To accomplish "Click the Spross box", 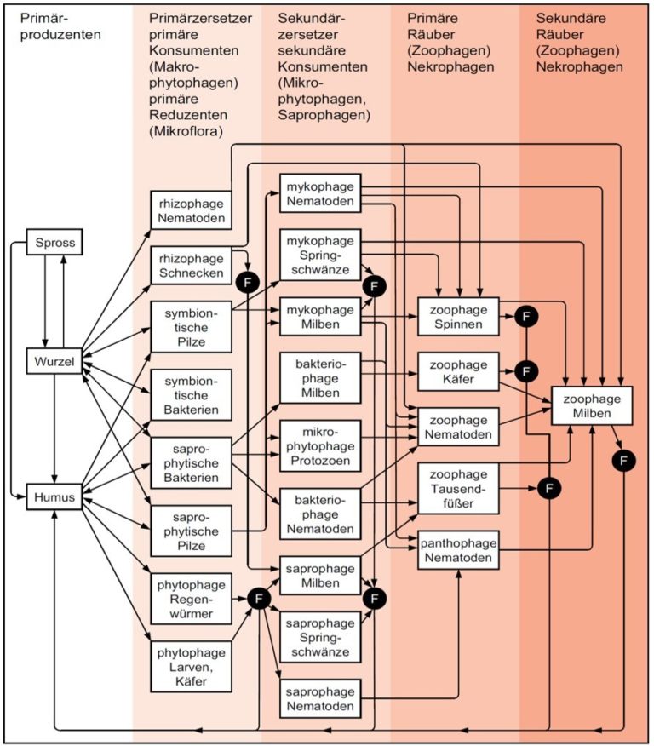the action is click(x=54, y=242).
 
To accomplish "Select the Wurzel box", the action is click(x=54, y=361).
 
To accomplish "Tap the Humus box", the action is click(x=54, y=497).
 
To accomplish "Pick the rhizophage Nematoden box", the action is click(x=192, y=210).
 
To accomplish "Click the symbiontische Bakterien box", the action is click(x=192, y=395).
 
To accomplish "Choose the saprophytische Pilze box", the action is click(x=192, y=531).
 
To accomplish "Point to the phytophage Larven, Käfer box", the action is click(x=192, y=667).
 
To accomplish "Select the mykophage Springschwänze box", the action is click(x=320, y=255).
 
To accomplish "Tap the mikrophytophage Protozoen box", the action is click(x=320, y=446).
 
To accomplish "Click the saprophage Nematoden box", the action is click(x=320, y=698).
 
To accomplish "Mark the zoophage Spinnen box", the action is click(x=458, y=317).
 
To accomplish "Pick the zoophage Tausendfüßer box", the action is click(x=458, y=489).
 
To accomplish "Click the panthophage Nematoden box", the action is click(x=458, y=550).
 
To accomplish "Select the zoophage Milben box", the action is click(x=592, y=405).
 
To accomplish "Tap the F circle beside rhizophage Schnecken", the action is click(x=247, y=283).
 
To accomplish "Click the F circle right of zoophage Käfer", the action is click(x=526, y=371).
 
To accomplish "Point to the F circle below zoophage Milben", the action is click(x=623, y=461).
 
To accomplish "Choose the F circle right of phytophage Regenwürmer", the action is click(x=259, y=598).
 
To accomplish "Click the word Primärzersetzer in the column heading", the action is click(x=200, y=18).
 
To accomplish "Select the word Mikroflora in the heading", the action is click(x=186, y=131).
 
